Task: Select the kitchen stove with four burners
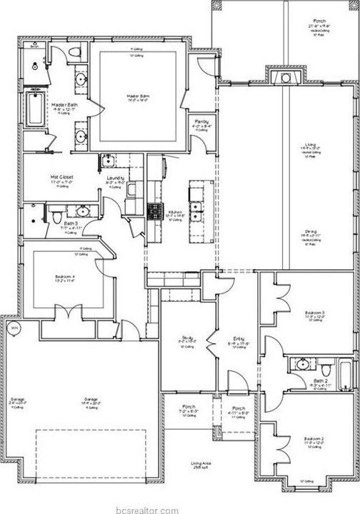155,211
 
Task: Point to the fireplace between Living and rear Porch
286,76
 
